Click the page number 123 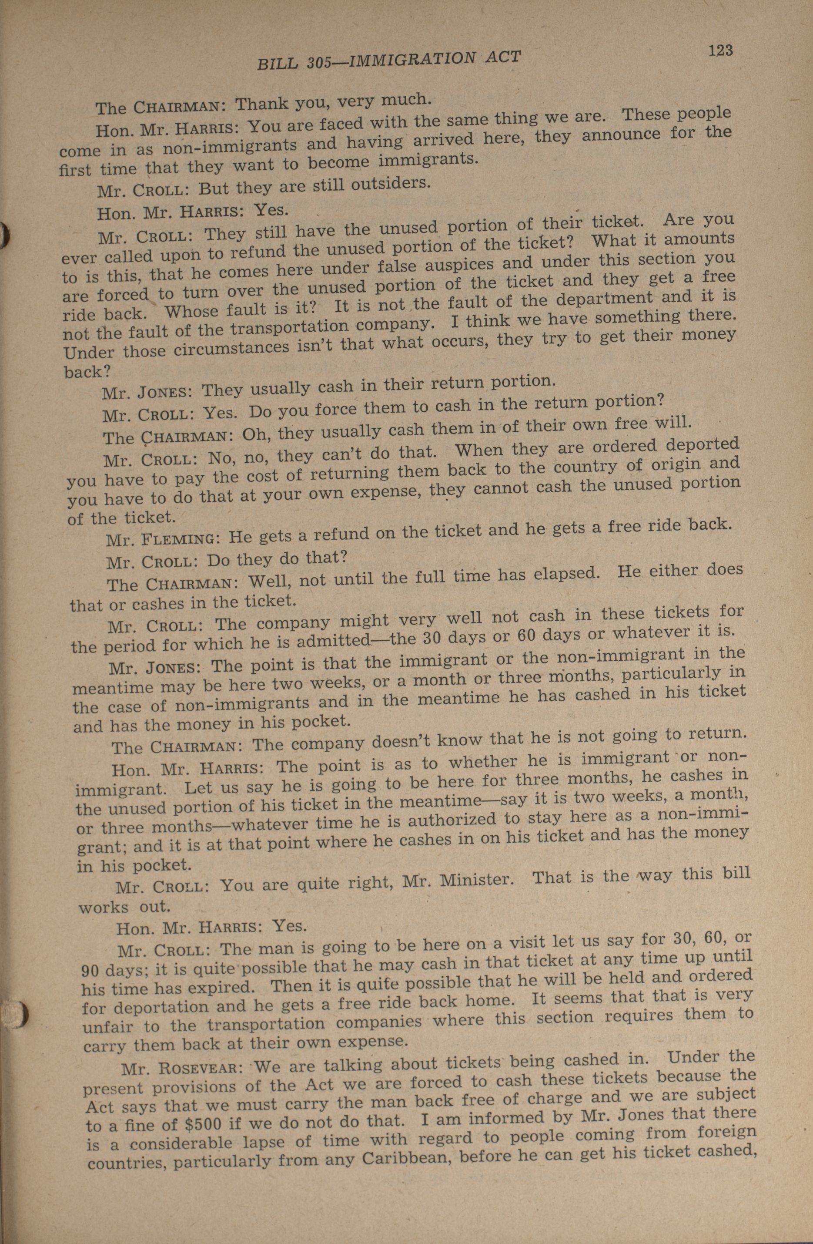[x=720, y=50]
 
